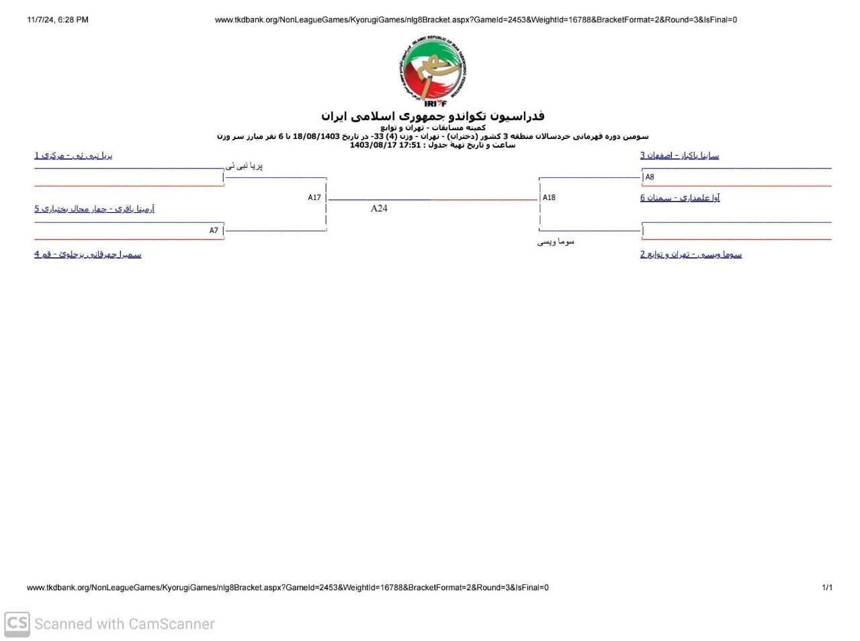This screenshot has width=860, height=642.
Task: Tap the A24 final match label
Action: pyautogui.click(x=379, y=208)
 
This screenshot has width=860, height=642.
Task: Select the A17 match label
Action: pyautogui.click(x=314, y=197)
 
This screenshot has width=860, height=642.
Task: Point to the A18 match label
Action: pyautogui.click(x=549, y=197)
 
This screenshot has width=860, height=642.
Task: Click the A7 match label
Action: pyautogui.click(x=214, y=230)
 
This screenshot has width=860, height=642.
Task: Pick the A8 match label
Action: pyautogui.click(x=650, y=177)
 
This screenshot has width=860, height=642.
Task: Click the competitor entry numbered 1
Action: pyautogui.click(x=73, y=155)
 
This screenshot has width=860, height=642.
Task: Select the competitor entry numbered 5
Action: pyautogui.click(x=94, y=209)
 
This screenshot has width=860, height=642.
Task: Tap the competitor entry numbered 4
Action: pyautogui.click(x=88, y=255)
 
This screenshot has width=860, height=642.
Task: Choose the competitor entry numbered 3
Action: pyautogui.click(x=679, y=155)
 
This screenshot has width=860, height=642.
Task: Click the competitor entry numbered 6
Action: pyautogui.click(x=680, y=197)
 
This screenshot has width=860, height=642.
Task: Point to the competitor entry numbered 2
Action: pyautogui.click(x=691, y=255)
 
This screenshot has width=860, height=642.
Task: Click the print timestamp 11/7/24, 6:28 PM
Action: pyautogui.click(x=58, y=20)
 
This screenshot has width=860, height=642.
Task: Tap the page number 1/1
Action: pyautogui.click(x=827, y=588)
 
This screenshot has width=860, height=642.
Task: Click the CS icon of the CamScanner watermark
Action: pyautogui.click(x=17, y=624)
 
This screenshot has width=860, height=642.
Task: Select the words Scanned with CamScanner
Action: pyautogui.click(x=124, y=624)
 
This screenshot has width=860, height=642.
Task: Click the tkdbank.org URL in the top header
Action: pyautogui.click(x=476, y=20)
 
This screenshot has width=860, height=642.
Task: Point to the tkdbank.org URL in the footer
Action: pyautogui.click(x=288, y=588)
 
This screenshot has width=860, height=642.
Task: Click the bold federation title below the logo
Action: pyautogui.click(x=433, y=116)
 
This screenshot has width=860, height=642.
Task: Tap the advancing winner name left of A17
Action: pyautogui.click(x=244, y=166)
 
